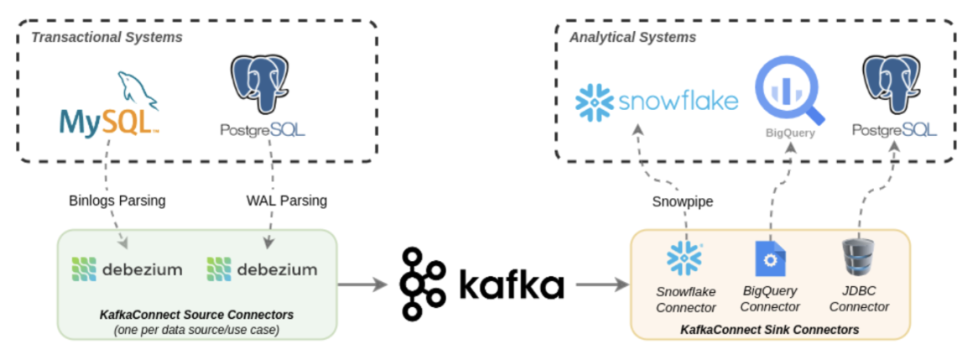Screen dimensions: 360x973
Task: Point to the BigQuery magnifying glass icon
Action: click(x=789, y=92)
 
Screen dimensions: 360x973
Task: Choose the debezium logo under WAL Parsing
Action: click(x=262, y=269)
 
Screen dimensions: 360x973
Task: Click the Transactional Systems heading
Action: click(x=107, y=38)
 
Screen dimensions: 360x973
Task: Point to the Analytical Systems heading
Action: click(x=632, y=38)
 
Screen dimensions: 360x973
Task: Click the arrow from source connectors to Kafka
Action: click(x=366, y=285)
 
